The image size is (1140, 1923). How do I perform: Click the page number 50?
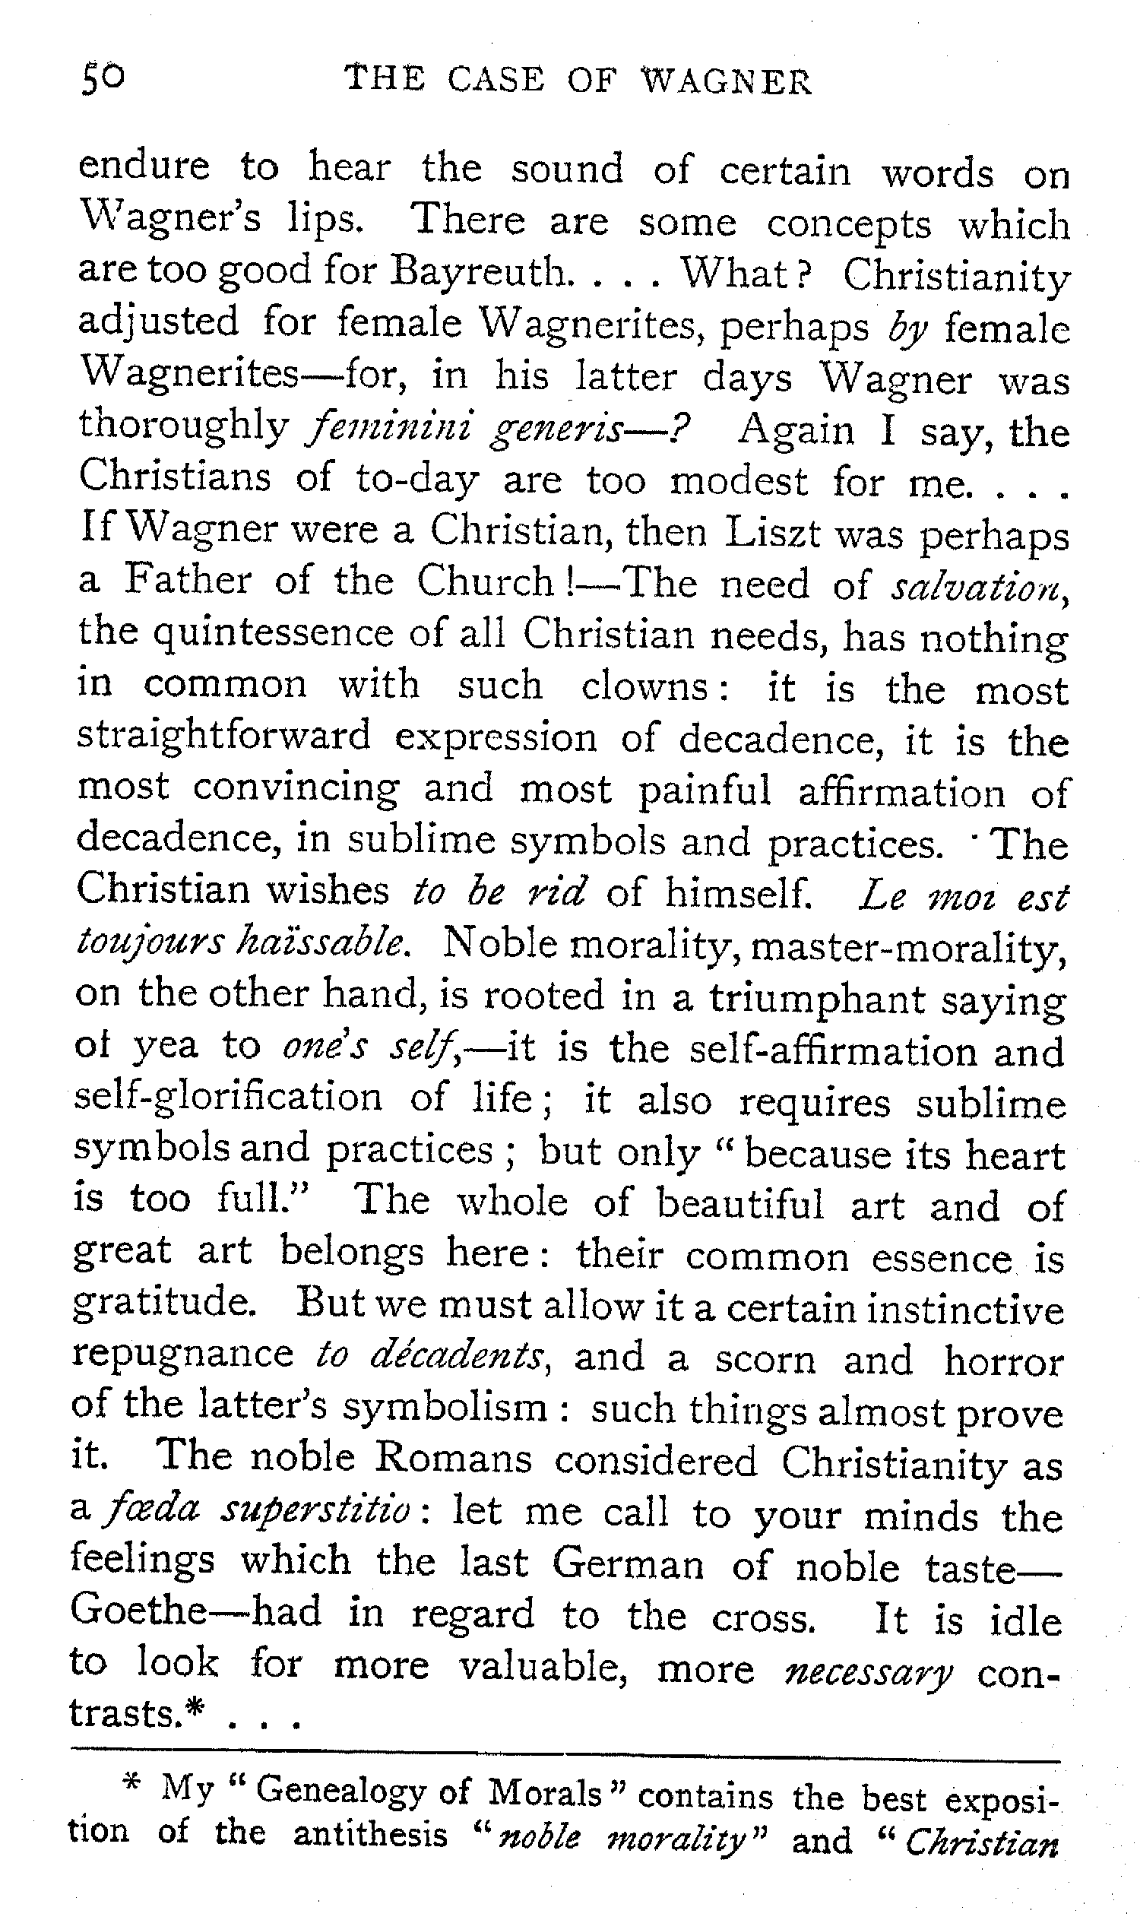pos(102,79)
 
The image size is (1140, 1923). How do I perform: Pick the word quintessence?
pos(274,635)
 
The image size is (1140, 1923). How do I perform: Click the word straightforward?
pos(223,737)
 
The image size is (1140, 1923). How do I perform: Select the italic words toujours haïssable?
pos(243,942)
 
